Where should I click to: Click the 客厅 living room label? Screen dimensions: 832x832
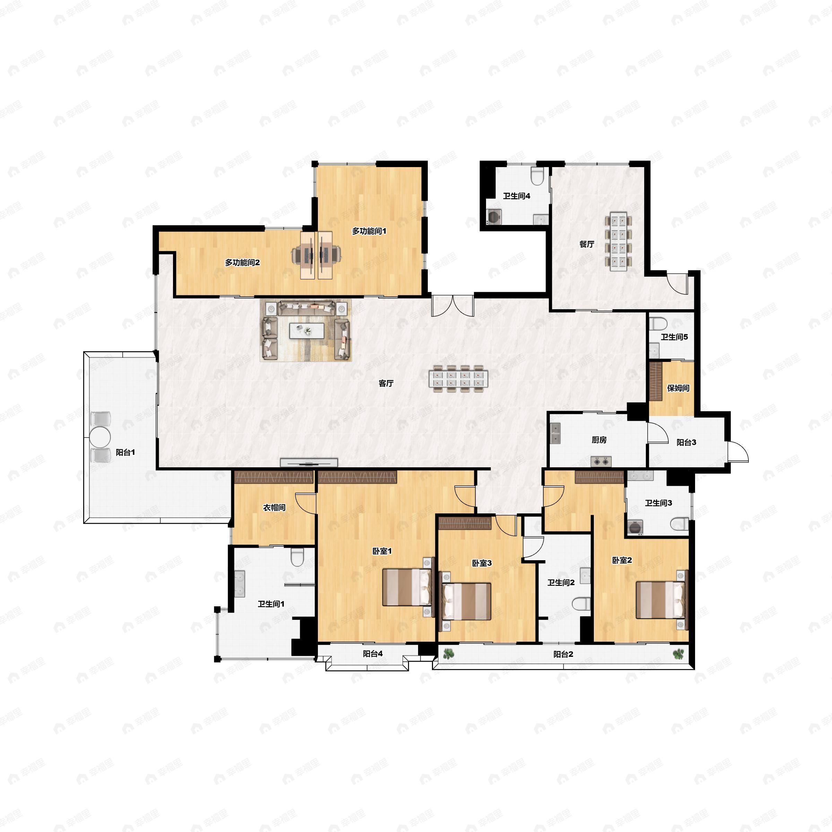[x=386, y=383]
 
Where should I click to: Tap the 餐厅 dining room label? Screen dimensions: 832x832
[x=587, y=244]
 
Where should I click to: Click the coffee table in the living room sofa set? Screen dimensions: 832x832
[x=306, y=331]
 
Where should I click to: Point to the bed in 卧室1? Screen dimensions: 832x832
[x=407, y=587]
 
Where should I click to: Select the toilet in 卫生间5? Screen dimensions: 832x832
[x=658, y=323]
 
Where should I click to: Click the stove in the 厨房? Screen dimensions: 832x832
[x=601, y=462]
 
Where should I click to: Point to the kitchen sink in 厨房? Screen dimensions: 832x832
[x=555, y=433]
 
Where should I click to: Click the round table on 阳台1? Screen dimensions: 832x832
[x=100, y=437]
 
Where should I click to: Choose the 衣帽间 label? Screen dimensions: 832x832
[x=274, y=508]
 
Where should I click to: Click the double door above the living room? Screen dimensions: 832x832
[x=453, y=306]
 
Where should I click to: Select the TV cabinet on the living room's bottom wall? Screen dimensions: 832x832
[x=309, y=463]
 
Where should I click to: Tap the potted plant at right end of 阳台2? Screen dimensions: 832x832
[x=678, y=654]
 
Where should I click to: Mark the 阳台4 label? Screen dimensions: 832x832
[x=373, y=654]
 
